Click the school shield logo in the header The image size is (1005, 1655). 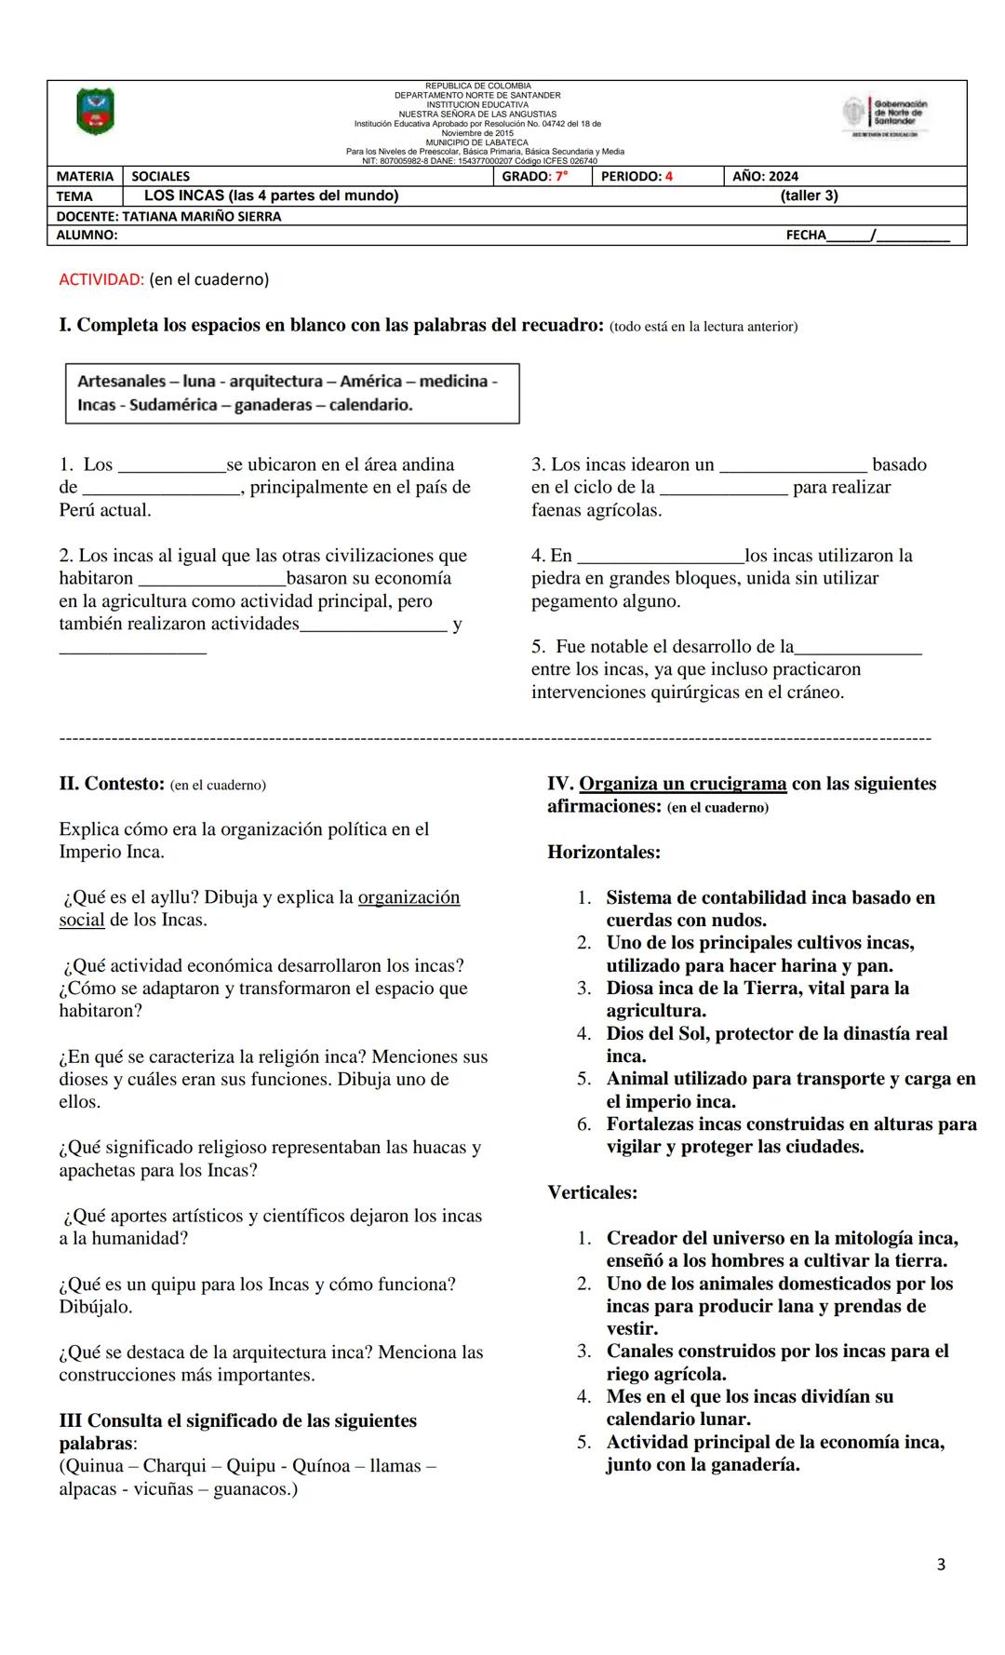click(95, 112)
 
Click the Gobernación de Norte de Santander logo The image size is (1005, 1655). click(885, 115)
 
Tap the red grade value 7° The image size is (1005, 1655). click(561, 177)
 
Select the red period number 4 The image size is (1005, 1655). click(668, 177)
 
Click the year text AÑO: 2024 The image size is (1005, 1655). click(765, 177)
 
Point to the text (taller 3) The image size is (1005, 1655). click(809, 195)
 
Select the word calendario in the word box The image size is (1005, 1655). click(370, 405)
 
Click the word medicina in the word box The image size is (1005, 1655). click(453, 382)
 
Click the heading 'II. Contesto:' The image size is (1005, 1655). click(112, 784)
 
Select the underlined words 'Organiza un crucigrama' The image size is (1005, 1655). click(682, 784)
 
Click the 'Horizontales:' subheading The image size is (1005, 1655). click(603, 852)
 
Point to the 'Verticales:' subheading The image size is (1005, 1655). click(592, 1192)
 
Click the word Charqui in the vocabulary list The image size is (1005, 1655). click(175, 1466)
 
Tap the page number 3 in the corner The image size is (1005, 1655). click(941, 1565)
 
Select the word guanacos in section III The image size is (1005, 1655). click(251, 1489)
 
